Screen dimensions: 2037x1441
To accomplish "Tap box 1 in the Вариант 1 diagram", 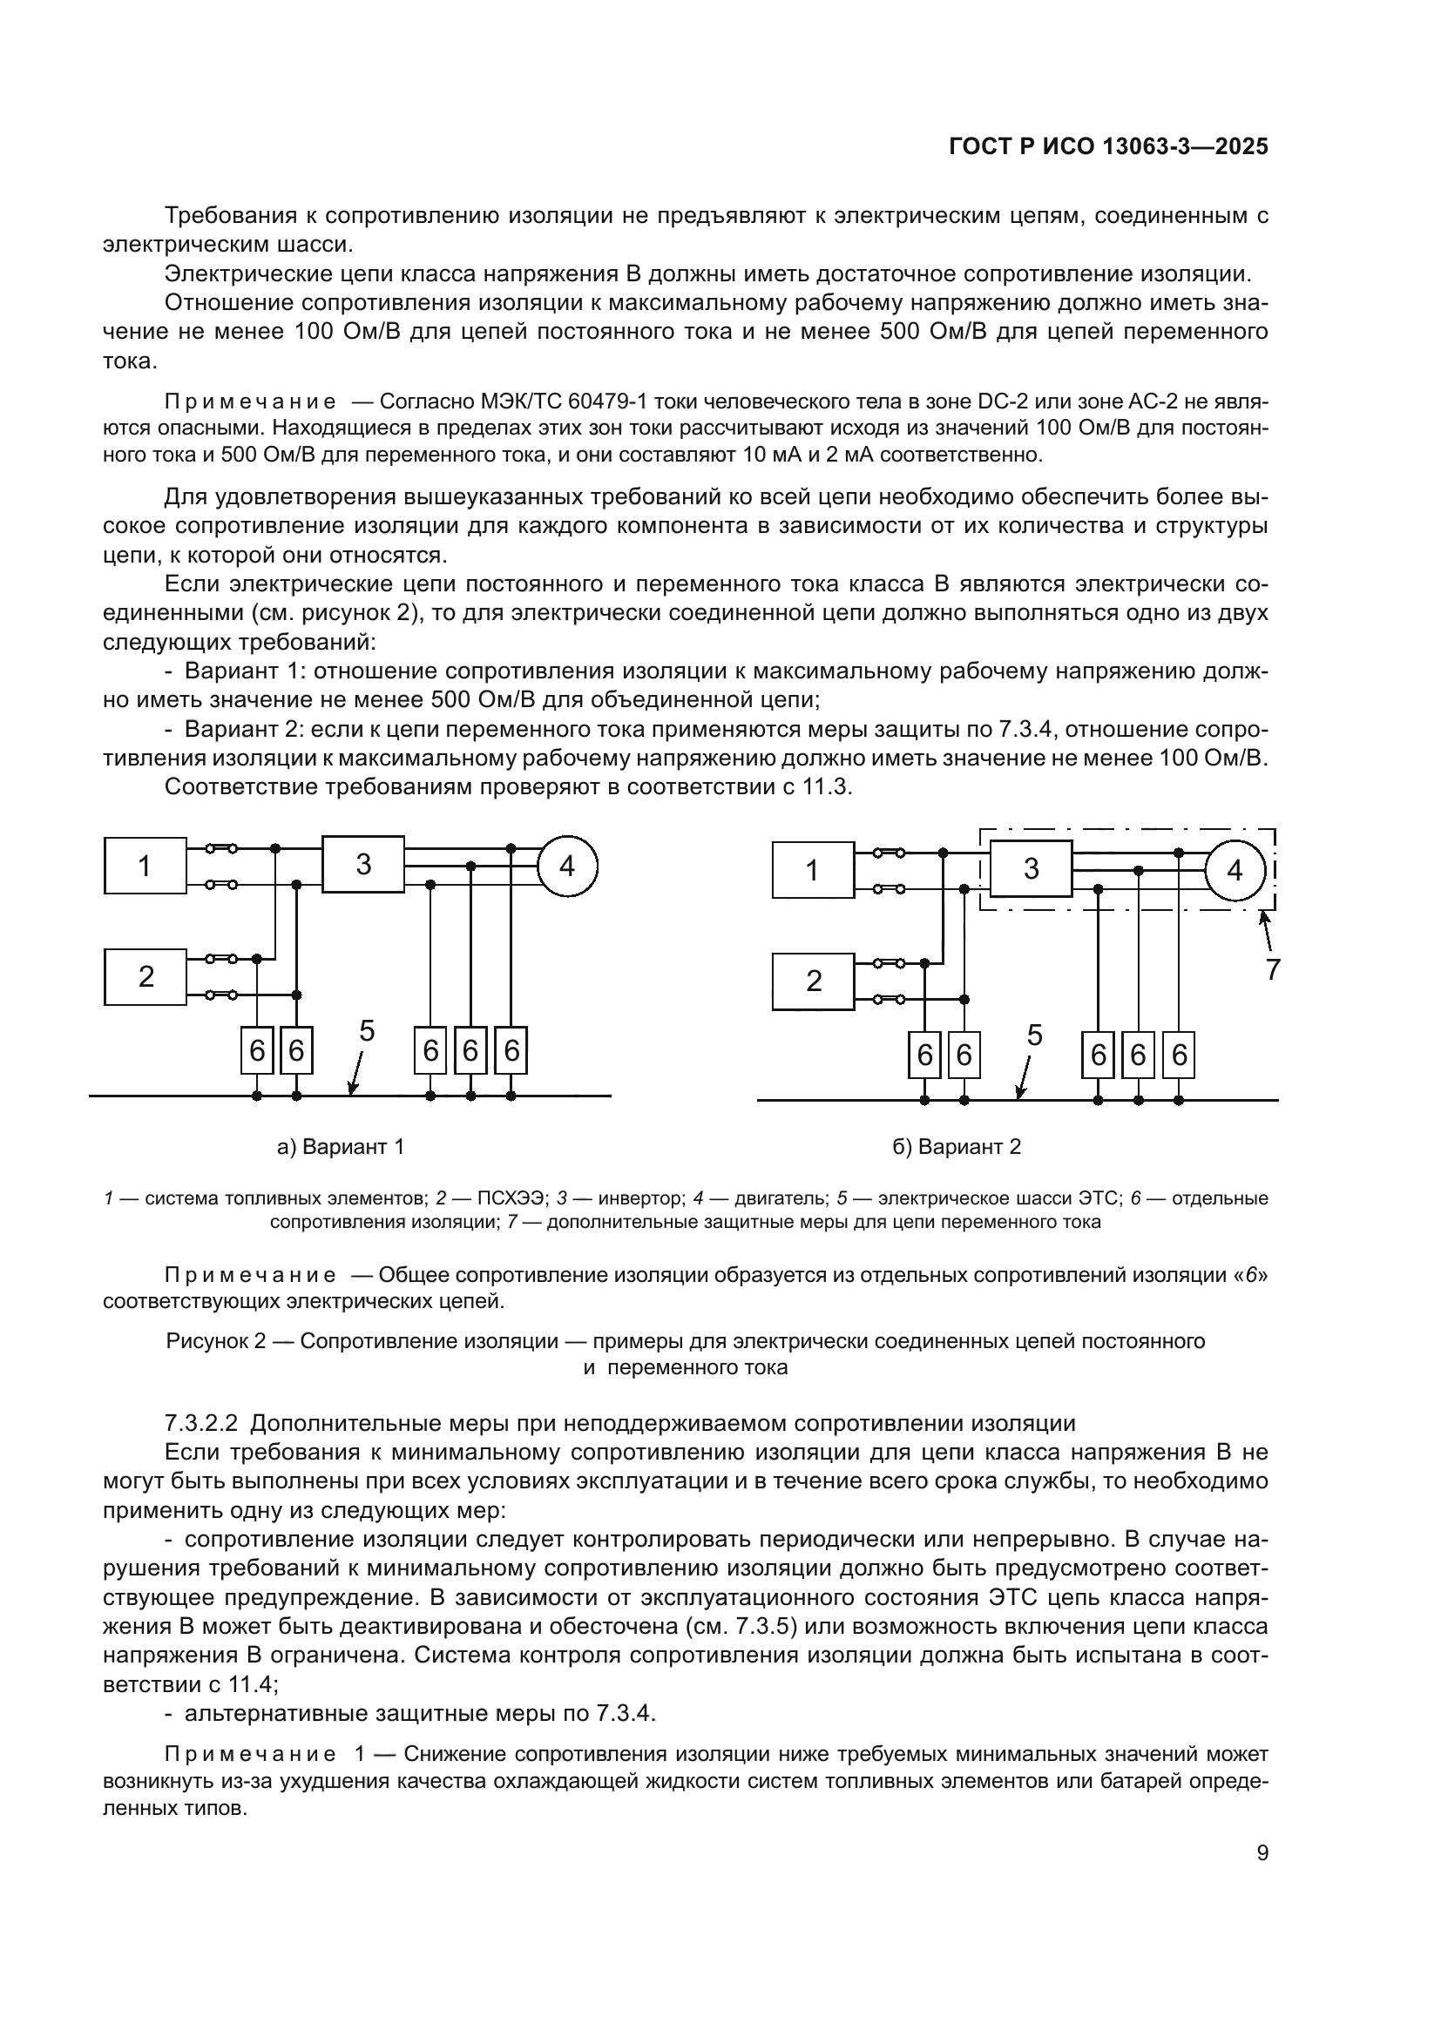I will tap(145, 865).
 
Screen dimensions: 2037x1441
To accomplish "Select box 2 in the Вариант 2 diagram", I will tap(813, 981).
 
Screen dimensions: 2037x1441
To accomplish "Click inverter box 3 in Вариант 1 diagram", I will tap(363, 864).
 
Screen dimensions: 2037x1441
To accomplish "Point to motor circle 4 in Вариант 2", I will tap(1235, 870).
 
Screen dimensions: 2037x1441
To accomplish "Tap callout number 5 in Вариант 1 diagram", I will tap(367, 1031).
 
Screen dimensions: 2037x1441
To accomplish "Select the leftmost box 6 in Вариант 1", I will tap(256, 1050).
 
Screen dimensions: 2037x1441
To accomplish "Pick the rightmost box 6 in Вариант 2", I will tap(1179, 1055).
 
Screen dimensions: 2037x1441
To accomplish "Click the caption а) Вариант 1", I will tap(341, 1147).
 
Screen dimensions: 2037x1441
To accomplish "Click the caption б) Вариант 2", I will tap(957, 1147).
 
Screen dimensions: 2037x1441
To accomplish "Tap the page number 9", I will tap(1262, 1853).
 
